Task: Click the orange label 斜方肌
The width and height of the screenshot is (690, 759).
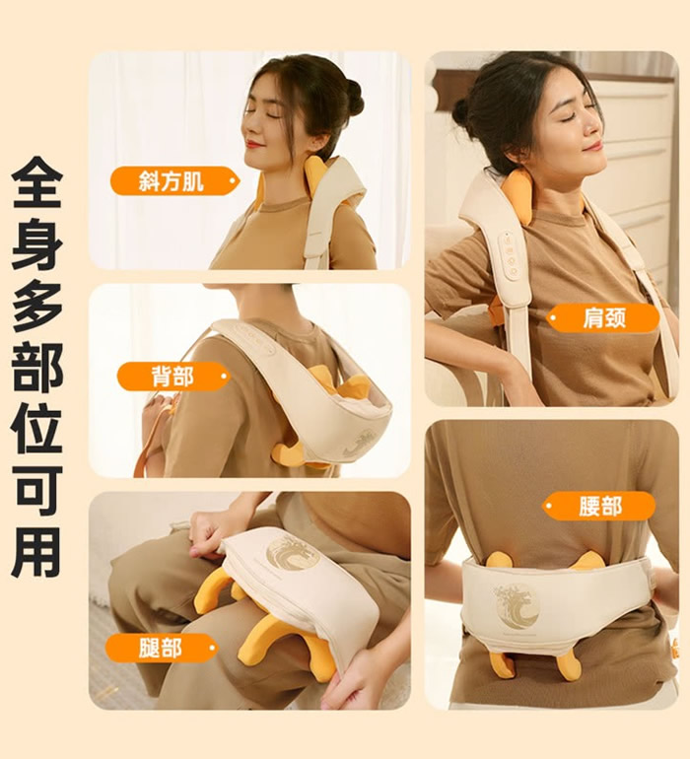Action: [174, 181]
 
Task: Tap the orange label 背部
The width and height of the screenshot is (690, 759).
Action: [173, 377]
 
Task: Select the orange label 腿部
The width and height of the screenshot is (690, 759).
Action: [162, 648]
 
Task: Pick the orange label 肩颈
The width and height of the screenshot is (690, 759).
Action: [603, 317]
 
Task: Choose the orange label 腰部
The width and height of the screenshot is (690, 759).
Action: [598, 506]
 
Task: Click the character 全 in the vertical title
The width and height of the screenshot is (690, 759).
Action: [37, 182]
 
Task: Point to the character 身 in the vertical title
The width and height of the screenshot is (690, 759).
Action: [37, 244]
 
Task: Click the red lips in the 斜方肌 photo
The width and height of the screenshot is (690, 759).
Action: [253, 143]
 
